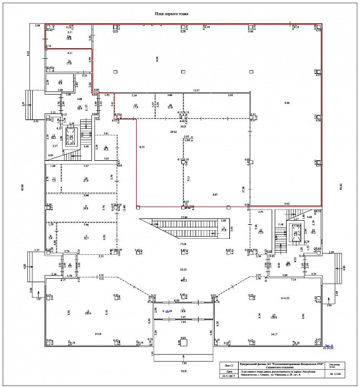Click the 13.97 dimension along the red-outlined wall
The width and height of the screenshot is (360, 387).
196,90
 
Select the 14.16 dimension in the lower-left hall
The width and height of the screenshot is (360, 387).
98,332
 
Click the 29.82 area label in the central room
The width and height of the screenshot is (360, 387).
174,132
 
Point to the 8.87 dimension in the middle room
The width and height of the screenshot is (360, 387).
215,194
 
